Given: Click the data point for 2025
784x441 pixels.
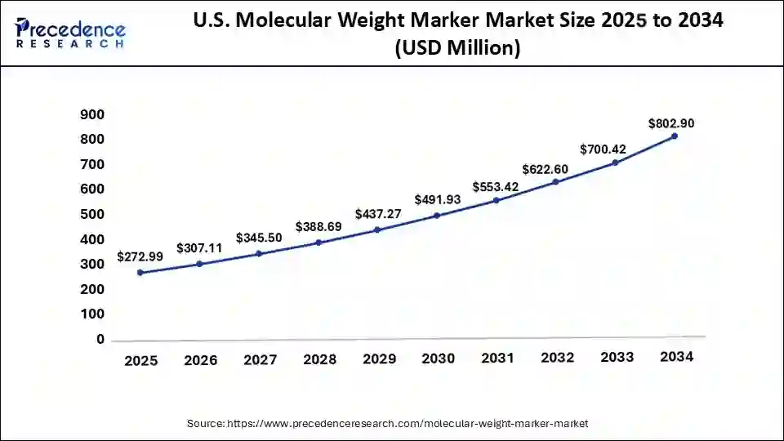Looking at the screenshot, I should pos(140,273).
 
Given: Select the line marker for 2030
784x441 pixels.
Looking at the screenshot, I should pos(437,216).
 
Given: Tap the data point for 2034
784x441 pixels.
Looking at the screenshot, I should pos(674,136).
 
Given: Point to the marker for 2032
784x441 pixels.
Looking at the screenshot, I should pos(555,182).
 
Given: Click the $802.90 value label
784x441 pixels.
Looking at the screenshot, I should pos(671,124).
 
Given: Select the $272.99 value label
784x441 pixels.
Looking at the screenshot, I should pos(140,256).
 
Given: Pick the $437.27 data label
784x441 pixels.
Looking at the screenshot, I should pos(377,214).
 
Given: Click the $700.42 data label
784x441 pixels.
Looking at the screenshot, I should pos(603,149).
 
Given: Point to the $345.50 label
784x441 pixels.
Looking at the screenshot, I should pos(259,238).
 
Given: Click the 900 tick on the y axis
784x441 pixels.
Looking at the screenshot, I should pos(92,115).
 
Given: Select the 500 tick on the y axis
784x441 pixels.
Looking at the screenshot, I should pos(92,215).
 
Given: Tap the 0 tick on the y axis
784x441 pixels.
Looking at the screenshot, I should pos(100,339).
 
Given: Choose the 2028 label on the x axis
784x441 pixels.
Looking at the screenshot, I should pos(318,359).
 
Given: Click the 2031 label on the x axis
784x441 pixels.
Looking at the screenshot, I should pos(497,359).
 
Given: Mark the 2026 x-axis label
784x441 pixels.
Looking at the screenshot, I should pos(199,360).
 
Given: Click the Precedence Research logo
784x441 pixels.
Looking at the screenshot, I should pos(70,32).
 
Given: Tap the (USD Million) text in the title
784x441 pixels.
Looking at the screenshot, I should pos(457,48).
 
